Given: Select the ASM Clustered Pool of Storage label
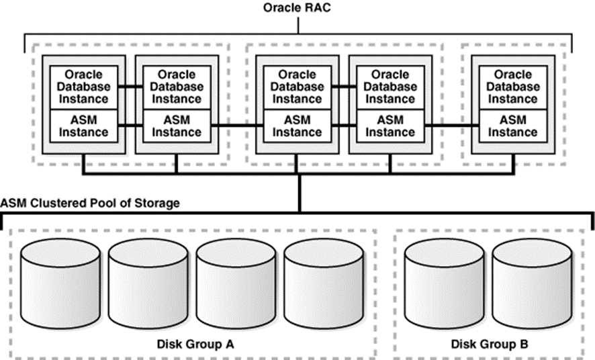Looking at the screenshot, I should (x=90, y=202).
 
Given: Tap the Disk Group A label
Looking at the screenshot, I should (x=192, y=344).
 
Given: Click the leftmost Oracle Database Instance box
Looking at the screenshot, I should (x=81, y=87).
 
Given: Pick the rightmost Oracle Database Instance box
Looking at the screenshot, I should (x=513, y=87).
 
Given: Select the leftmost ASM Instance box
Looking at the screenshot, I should (x=81, y=126).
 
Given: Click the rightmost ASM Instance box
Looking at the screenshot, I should (x=513, y=126).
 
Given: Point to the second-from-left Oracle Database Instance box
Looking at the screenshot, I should (x=175, y=87).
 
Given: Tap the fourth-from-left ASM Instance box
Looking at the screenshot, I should (x=390, y=126).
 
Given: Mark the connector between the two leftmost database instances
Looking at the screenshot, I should (x=128, y=86).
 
